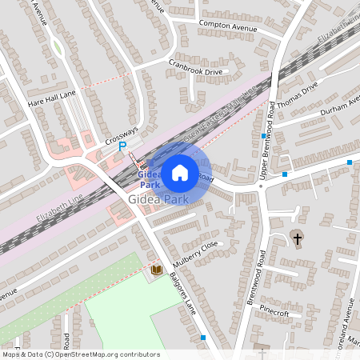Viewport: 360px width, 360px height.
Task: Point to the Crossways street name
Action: pyautogui.click(x=122, y=135)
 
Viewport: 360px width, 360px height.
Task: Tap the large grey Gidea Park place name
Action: pyautogui.click(x=157, y=198)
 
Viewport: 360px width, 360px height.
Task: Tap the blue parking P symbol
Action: pyautogui.click(x=122, y=146)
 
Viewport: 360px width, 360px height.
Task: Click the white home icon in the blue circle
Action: pyautogui.click(x=180, y=172)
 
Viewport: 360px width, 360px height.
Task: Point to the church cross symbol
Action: pyautogui.click(x=298, y=238)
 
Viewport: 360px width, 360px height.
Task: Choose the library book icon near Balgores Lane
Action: pyautogui.click(x=157, y=270)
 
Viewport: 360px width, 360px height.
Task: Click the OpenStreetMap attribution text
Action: pyautogui.click(x=80, y=354)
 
